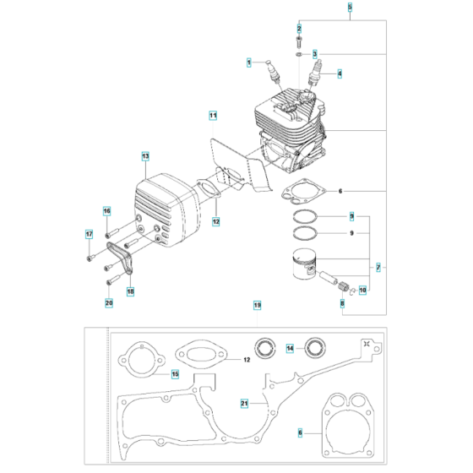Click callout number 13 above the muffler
(x=145, y=156)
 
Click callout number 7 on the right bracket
(x=378, y=267)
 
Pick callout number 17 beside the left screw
(x=89, y=234)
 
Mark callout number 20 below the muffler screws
(x=108, y=302)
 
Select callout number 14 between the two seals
(x=290, y=347)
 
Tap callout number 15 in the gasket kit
(x=175, y=374)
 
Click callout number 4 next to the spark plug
(x=340, y=73)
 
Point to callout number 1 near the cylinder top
(x=249, y=62)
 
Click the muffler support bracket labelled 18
(x=124, y=258)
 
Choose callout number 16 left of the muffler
(x=107, y=210)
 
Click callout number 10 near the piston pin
(x=363, y=291)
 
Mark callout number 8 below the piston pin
(x=342, y=302)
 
